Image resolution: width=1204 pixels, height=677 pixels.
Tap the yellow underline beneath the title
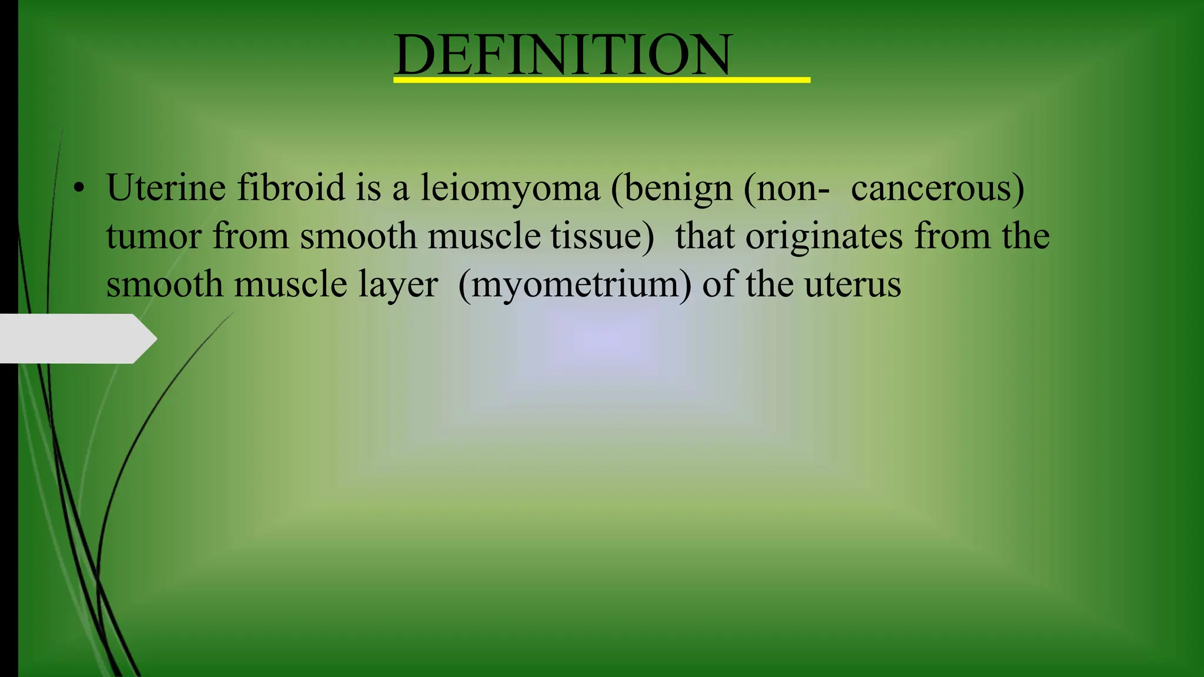601,80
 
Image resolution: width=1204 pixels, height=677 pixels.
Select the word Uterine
166,188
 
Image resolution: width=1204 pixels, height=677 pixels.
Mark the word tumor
154,237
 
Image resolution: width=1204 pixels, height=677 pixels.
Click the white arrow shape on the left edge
76,338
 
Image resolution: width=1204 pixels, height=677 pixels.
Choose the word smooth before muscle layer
164,285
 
